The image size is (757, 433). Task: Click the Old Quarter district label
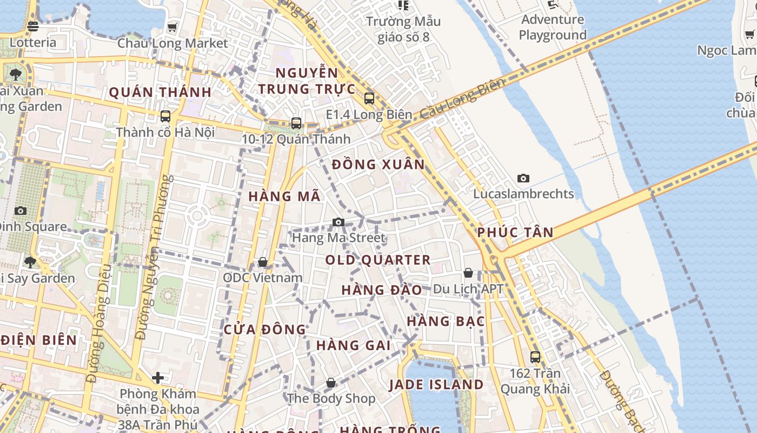point(378,260)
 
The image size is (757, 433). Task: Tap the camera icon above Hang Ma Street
point(338,222)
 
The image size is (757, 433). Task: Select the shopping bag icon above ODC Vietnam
point(263,262)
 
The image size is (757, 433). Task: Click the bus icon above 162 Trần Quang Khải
point(535,357)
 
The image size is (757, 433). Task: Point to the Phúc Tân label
point(515,233)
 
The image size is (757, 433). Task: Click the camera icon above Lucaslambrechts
point(523,178)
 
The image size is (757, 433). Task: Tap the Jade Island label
point(436,385)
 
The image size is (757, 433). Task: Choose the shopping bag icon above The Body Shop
point(331,383)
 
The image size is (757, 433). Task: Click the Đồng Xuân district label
point(378,165)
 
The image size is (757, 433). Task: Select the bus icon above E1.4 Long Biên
point(369,99)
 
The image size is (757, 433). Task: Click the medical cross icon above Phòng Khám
point(158,377)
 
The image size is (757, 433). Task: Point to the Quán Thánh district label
point(161,93)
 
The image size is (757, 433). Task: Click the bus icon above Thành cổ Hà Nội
point(165,116)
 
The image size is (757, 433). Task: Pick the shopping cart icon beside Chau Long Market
point(172,27)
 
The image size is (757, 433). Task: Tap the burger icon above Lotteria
point(32,26)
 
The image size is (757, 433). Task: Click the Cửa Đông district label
point(265,330)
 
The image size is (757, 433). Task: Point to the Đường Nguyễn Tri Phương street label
point(153,258)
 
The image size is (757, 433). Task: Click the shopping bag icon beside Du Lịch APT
point(468,273)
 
